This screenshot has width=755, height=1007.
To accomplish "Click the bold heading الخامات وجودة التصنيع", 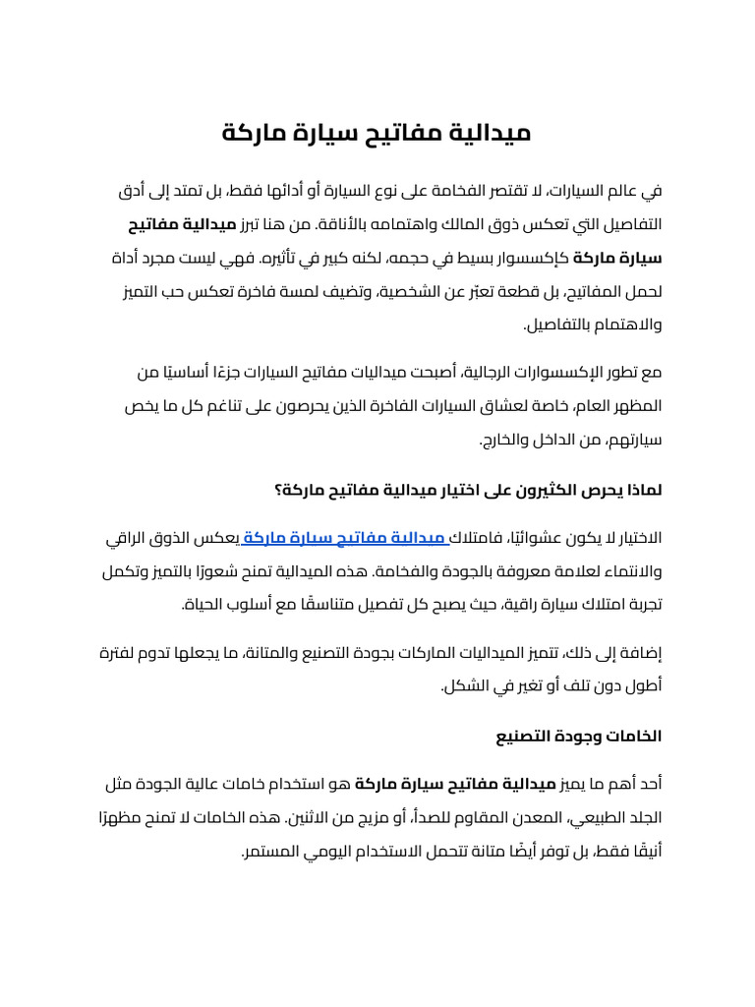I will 594,736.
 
